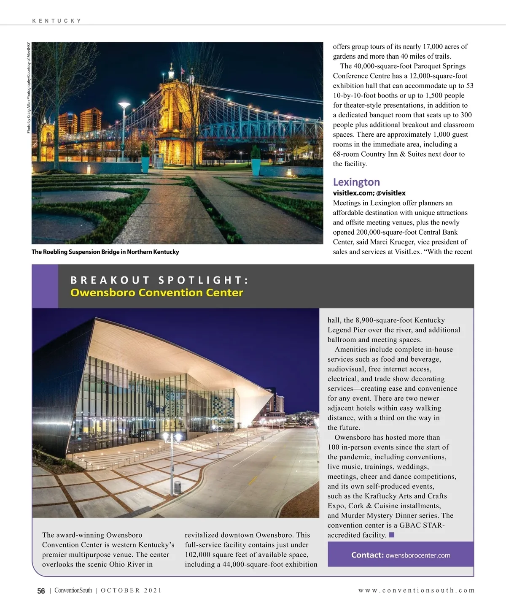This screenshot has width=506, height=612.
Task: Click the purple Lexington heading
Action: [x=356, y=182]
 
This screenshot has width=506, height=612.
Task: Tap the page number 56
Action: [x=41, y=591]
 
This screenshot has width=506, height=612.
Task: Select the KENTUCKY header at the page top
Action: [x=57, y=21]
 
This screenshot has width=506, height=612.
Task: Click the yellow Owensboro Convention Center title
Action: [x=156, y=292]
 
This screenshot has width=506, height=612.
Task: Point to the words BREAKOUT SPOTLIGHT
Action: [x=159, y=280]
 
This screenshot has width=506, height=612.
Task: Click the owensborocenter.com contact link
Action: [x=418, y=555]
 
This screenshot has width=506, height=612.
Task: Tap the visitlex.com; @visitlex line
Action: [x=369, y=193]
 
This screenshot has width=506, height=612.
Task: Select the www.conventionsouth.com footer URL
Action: [x=416, y=590]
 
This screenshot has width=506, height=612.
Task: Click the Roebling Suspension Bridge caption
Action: [x=105, y=252]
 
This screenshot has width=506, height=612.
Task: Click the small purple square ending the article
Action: [x=391, y=535]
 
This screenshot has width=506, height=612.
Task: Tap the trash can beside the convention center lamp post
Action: [x=178, y=487]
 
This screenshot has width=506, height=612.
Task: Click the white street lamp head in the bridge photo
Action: [x=124, y=105]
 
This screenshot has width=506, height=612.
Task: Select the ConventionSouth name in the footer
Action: [x=73, y=590]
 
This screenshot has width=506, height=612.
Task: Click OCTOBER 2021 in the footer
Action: [x=131, y=590]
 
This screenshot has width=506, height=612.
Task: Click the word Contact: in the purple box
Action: [x=367, y=555]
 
